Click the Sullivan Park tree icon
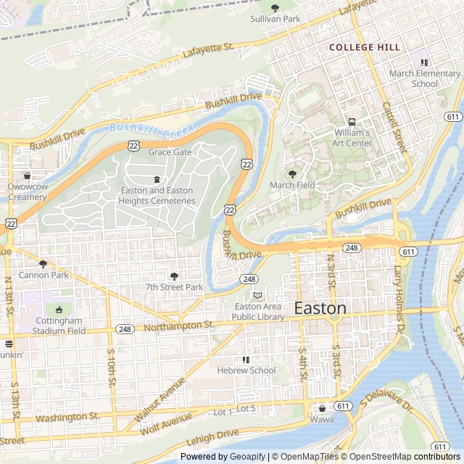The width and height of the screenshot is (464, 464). tap(275, 8)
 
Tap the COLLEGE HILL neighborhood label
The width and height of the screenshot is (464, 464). tap(364, 47)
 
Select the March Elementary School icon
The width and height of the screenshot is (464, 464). tap(424, 62)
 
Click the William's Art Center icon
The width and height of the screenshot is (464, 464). tap(352, 122)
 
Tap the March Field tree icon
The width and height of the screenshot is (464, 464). tap(292, 174)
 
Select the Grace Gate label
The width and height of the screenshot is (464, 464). tap(170, 152)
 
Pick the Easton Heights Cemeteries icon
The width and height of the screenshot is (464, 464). tap(157, 180)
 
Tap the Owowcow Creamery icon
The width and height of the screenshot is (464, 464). tap(28, 175)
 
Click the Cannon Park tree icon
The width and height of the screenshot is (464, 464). tap(43, 264)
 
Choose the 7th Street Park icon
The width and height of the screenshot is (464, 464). tap(174, 275)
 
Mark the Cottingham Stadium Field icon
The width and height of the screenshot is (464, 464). tap(59, 310)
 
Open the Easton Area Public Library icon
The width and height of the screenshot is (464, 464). tap(258, 295)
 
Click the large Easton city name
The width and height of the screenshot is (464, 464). tap(320, 308)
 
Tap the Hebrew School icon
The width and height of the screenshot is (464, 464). tap(246, 359)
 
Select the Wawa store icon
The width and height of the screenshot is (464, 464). tap(322, 408)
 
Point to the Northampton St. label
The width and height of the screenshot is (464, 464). tap(179, 327)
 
